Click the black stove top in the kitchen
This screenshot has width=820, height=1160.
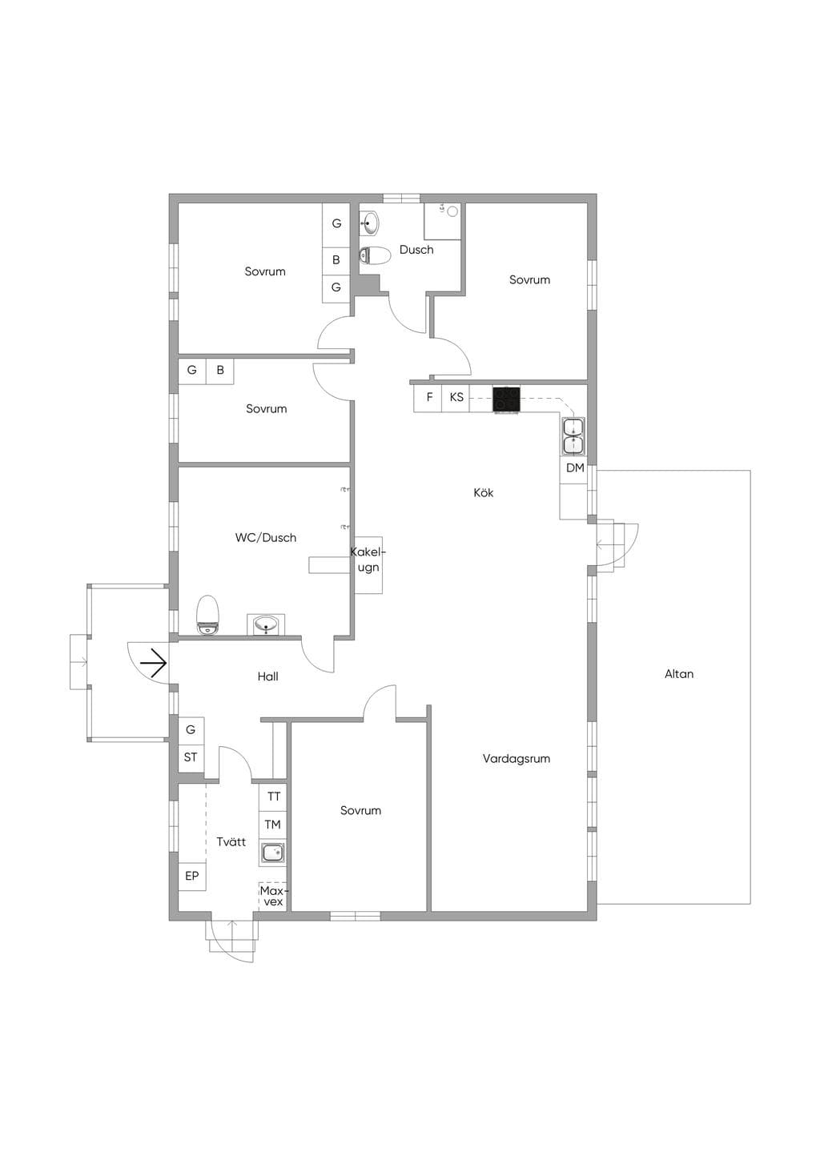point(506,399)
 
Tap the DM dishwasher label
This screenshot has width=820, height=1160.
point(575,468)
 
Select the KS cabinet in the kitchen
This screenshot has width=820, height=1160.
point(456,398)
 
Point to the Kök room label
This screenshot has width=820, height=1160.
point(484,492)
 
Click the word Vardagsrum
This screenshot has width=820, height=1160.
point(516,759)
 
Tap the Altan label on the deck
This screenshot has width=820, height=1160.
point(678,674)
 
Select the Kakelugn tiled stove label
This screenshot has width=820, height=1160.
point(368,560)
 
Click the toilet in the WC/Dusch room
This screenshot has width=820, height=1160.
point(208,615)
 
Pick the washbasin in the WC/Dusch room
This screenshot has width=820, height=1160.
point(266,624)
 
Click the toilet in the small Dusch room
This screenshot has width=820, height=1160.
point(375,255)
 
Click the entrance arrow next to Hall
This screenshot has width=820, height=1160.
point(155,662)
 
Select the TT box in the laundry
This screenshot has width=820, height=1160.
point(273,797)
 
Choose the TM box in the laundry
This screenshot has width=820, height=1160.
point(273,825)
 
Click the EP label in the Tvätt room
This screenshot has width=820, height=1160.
point(191,876)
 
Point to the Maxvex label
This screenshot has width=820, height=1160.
point(273,896)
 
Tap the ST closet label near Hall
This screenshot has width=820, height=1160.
point(191,757)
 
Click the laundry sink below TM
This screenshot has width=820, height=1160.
point(272,853)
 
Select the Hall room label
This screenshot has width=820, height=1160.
point(267,676)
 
